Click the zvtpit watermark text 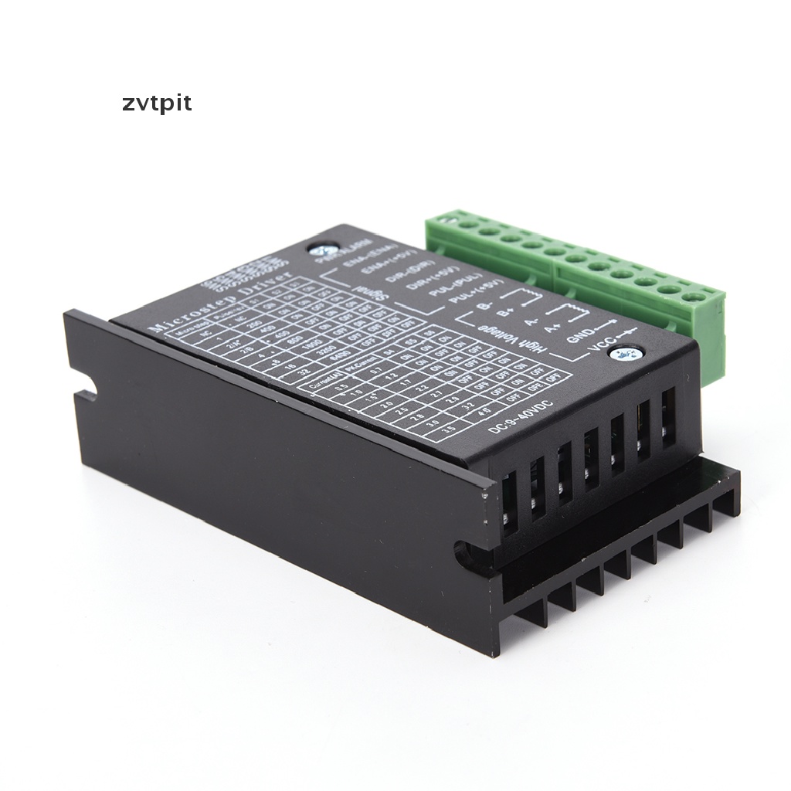pos(157,104)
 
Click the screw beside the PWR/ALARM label pos(318,250)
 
